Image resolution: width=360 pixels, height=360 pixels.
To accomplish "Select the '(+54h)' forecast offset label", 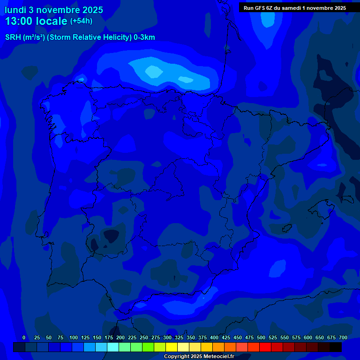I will [x=81, y=21].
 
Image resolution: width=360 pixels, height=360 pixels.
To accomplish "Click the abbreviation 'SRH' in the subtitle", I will [x=13, y=37].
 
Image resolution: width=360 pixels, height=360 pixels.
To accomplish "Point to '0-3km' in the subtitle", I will [x=144, y=37].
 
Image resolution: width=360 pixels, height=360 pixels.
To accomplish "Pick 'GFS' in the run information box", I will [x=260, y=8].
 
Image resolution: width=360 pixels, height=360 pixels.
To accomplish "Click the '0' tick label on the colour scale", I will [x=24, y=337].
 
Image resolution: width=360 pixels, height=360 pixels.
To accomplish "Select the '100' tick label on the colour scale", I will [x=74, y=337].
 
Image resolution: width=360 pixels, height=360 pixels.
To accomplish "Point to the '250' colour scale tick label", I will [x=144, y=337].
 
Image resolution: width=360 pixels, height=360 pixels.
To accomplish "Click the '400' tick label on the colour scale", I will [x=214, y=337].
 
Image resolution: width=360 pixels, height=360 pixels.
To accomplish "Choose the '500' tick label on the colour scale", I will [x=261, y=337].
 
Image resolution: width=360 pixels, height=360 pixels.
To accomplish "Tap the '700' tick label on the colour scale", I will [x=343, y=337].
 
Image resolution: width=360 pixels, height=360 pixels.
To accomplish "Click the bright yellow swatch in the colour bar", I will [x=172, y=347].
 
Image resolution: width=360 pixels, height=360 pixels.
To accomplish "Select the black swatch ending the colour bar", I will [x=336, y=347].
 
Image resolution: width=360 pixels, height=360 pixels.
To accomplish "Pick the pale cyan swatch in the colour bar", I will [x=113, y=347].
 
